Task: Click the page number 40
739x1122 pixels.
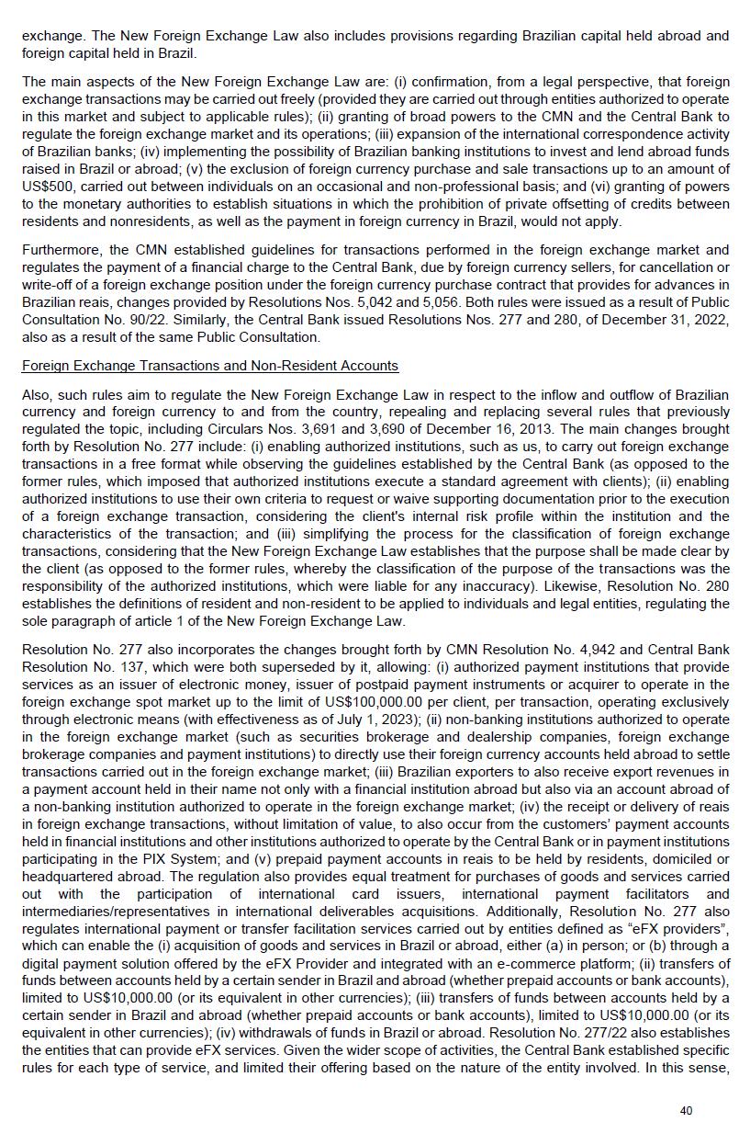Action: (686, 1110)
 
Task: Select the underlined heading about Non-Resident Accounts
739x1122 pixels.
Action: (209, 366)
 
